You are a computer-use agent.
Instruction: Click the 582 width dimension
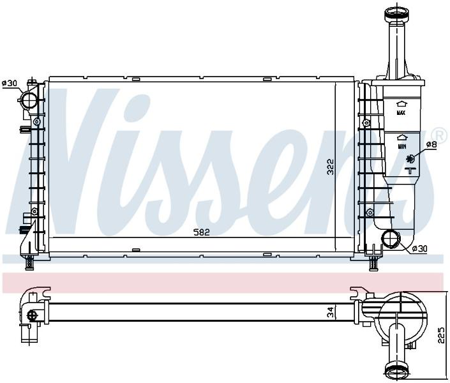(202, 232)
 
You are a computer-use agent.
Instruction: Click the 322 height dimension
(331, 167)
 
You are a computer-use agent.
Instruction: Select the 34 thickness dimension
(331, 312)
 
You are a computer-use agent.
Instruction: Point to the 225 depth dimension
(442, 335)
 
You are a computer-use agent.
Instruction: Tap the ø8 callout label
(431, 144)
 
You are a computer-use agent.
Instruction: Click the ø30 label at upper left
(10, 83)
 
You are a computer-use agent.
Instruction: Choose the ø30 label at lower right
(419, 249)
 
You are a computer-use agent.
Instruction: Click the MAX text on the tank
(401, 113)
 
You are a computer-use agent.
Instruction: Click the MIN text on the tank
(401, 147)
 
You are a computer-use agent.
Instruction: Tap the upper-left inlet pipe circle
(29, 100)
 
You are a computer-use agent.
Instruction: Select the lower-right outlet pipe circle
(390, 239)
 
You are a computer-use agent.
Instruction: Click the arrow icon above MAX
(401, 105)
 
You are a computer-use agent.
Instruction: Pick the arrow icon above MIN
(402, 138)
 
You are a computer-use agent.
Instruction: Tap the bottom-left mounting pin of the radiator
(29, 262)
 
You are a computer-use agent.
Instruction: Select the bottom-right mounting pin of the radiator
(373, 263)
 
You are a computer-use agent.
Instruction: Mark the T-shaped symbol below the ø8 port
(410, 170)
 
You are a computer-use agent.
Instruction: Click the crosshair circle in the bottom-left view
(32, 315)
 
